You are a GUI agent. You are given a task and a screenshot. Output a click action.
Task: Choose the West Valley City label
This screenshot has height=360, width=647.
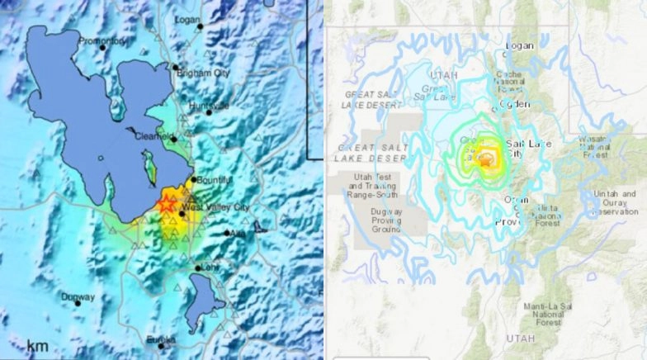click(x=215, y=207)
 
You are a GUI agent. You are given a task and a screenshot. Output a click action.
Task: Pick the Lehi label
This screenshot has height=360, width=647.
click(x=208, y=266)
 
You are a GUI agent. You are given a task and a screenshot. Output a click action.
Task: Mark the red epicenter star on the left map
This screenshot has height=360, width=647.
click(x=166, y=204)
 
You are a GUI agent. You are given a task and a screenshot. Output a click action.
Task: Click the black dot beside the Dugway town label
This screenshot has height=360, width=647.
click(x=78, y=303)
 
